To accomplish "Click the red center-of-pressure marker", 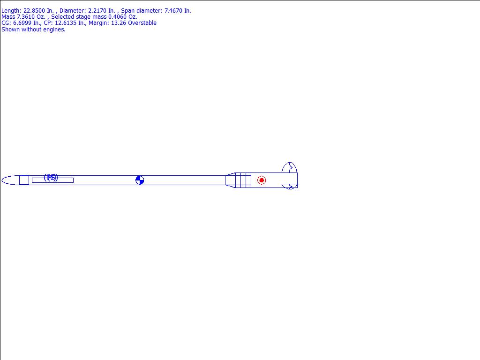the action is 262,180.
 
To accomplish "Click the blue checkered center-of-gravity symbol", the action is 140,180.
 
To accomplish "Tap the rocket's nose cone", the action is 10,180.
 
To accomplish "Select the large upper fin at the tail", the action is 290,168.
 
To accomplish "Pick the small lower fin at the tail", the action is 290,187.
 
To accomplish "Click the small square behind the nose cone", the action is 24,180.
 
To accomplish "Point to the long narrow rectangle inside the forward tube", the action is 52,180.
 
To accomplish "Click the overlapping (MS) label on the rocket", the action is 51,177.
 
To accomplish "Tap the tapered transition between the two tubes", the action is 230,180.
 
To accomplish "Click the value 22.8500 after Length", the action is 34,11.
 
